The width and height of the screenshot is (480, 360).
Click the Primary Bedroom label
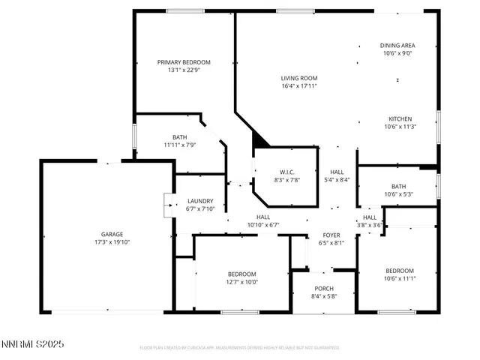184,62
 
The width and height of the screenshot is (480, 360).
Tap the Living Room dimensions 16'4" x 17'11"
299,85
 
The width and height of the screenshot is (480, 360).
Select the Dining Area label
397,45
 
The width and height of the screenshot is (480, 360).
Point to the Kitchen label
400,119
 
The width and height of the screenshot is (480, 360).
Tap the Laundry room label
200,201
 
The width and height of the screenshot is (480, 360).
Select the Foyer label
331,235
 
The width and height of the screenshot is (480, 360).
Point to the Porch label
324,289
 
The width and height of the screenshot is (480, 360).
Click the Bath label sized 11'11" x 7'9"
180,137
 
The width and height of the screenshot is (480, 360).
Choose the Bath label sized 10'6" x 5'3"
397,186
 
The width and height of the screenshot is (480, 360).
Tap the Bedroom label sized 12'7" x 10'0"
242,274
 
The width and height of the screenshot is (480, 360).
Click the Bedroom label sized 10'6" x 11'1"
400,271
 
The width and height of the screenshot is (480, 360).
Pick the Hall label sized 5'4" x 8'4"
337,172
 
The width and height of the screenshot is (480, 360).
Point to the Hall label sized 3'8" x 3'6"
370,217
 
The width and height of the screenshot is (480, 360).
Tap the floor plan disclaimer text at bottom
240,348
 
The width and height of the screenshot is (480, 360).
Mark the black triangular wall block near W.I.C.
259,139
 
